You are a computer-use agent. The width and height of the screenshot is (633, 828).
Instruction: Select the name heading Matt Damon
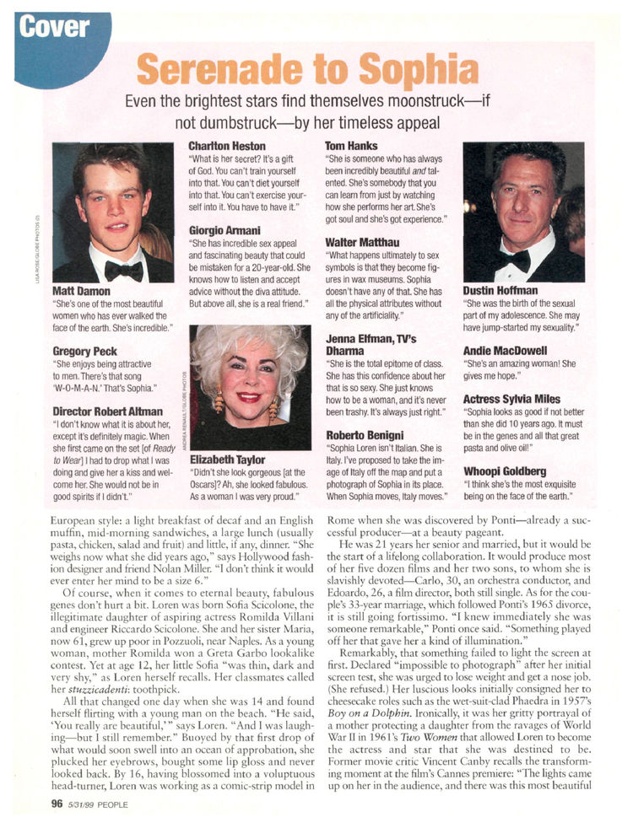pyautogui.click(x=81, y=291)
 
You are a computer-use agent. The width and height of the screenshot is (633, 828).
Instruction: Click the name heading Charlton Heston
pyautogui.click(x=226, y=146)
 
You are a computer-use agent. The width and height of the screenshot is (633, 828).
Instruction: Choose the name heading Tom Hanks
pyautogui.click(x=351, y=146)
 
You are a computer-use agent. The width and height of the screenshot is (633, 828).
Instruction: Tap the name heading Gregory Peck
pyautogui.click(x=86, y=350)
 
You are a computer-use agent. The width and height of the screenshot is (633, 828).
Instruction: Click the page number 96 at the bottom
pyautogui.click(x=57, y=802)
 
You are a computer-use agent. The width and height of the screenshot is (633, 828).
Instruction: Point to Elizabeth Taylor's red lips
pyautogui.click(x=248, y=396)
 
